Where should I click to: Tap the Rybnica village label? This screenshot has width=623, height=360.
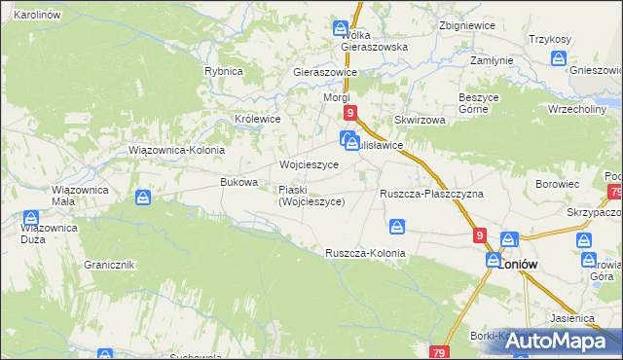point(223,72)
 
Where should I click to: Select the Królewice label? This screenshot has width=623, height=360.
point(257,119)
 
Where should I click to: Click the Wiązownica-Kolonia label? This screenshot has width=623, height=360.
point(177,151)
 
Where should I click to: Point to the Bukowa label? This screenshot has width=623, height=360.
point(238,182)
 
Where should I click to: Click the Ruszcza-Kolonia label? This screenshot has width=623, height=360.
point(365,253)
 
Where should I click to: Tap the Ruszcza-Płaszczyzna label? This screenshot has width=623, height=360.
point(431,194)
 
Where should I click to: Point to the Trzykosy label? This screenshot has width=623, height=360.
point(549,38)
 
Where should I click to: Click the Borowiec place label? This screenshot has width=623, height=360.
point(556,183)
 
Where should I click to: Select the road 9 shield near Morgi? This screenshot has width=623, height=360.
point(350,114)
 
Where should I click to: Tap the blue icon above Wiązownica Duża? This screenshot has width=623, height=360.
point(31,218)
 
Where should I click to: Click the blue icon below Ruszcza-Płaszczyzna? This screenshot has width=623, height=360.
point(397,227)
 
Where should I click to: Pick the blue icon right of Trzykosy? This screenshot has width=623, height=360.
point(558,58)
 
